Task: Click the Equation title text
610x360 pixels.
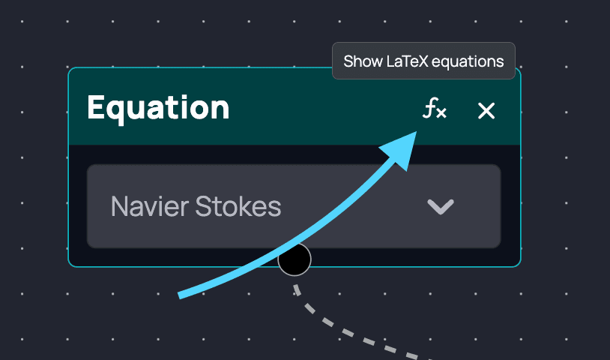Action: click(158, 109)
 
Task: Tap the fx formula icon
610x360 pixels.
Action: click(435, 108)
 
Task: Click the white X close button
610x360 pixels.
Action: click(486, 111)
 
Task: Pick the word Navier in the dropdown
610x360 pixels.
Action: click(150, 206)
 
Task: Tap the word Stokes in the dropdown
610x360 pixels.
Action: click(238, 206)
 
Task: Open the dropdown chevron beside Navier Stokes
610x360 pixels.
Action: click(441, 206)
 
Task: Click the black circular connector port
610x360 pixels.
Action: click(295, 259)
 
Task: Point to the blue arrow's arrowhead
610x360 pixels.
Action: click(402, 148)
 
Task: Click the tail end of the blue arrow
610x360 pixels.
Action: click(179, 295)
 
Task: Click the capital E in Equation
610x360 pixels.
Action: click(97, 107)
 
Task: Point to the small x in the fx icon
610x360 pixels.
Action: click(441, 112)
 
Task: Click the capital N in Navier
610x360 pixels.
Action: click(120, 206)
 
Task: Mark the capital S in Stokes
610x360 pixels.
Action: click(204, 206)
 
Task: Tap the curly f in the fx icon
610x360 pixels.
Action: click(429, 108)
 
